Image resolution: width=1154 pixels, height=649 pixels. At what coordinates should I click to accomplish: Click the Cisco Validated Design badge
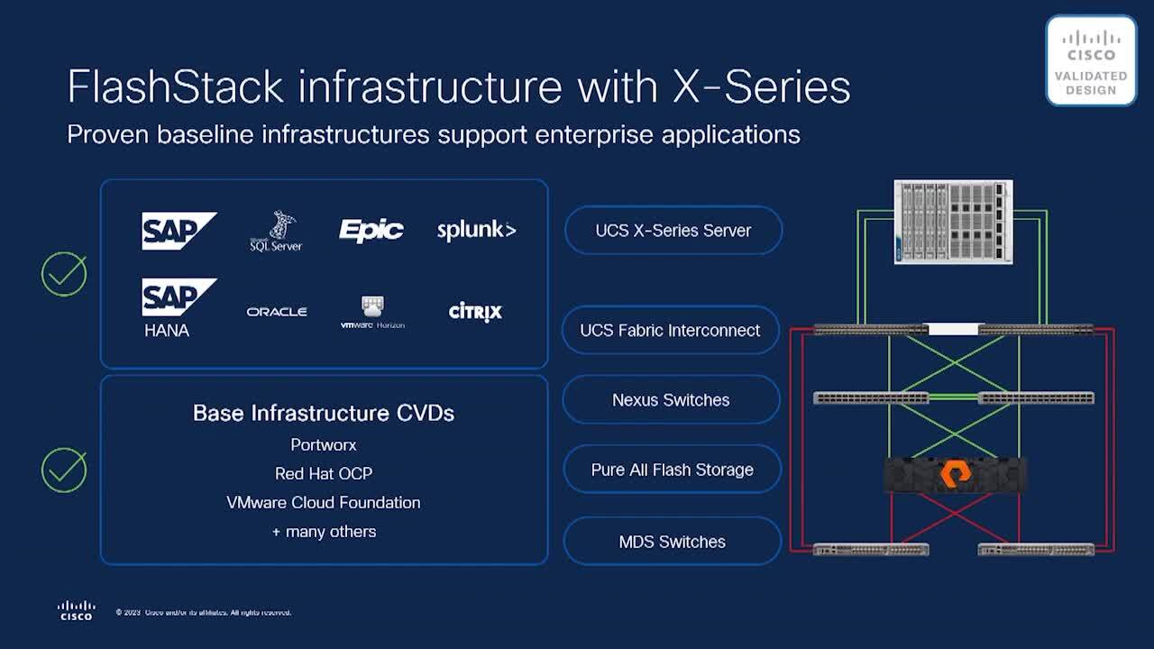1091,60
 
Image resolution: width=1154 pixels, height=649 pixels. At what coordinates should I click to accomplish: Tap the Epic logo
371,230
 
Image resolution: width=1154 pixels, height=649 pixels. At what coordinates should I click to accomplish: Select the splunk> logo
476,230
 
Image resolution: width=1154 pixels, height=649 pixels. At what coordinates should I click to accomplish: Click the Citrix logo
475,312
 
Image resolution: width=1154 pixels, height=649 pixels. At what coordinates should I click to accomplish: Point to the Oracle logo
277,312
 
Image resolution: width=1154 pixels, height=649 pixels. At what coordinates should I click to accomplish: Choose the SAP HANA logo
179,307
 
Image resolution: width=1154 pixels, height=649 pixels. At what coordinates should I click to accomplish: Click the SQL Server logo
276,232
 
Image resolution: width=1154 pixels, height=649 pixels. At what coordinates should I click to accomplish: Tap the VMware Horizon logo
372,312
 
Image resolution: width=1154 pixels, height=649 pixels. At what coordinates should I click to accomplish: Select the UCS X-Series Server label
673,231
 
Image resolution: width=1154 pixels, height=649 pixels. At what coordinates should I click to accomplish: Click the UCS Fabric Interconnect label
670,331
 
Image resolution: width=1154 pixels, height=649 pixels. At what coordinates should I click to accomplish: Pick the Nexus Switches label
671,400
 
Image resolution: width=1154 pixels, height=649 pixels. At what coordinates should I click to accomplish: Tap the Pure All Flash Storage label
672,470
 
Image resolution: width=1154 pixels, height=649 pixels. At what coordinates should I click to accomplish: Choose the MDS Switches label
672,542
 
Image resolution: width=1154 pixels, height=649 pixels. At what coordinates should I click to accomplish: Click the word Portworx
324,445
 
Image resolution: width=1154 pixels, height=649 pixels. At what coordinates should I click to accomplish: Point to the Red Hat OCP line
324,474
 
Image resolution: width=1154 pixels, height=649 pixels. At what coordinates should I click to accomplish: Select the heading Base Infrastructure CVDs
324,414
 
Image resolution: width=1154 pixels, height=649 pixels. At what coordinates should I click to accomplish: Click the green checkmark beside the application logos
64,274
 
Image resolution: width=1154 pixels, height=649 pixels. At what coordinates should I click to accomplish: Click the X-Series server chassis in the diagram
953,222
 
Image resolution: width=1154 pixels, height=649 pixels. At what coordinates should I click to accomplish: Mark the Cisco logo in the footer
76,610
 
